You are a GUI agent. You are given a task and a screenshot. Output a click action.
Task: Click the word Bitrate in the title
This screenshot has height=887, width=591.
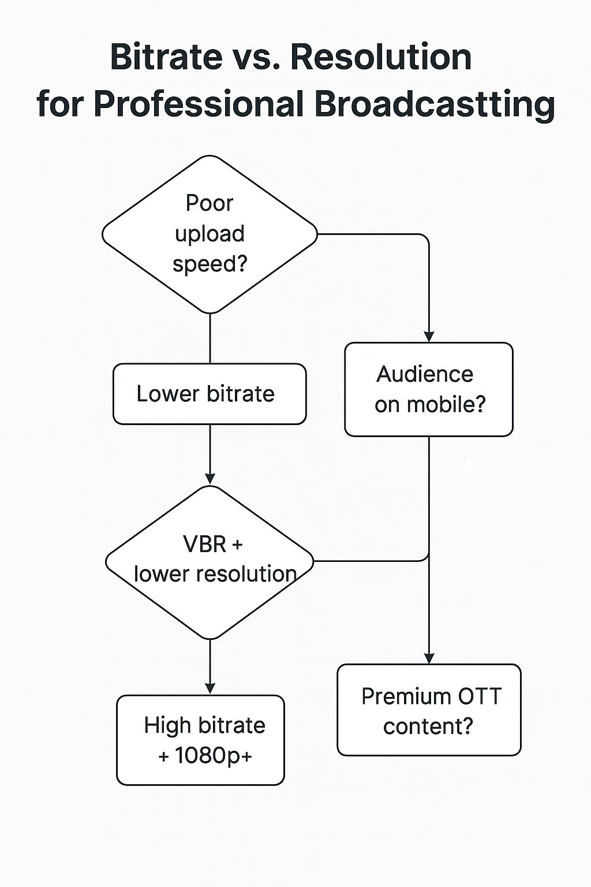(x=166, y=57)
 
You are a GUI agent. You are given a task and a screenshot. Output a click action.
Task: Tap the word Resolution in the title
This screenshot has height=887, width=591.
(x=381, y=57)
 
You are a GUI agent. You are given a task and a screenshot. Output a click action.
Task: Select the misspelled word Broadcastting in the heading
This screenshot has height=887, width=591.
(x=435, y=104)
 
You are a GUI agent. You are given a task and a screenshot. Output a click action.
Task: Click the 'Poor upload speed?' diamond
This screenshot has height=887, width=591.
(x=210, y=234)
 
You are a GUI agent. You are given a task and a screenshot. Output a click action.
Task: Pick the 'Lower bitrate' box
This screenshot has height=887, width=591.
(x=210, y=394)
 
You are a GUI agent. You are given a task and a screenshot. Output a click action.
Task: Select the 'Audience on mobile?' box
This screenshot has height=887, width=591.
(x=429, y=389)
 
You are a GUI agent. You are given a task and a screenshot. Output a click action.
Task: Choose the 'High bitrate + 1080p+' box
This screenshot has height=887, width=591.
(x=201, y=740)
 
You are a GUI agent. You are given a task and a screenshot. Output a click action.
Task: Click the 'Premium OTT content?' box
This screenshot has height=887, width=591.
(x=429, y=710)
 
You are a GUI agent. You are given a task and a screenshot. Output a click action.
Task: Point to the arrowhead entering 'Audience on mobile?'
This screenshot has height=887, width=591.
(x=429, y=337)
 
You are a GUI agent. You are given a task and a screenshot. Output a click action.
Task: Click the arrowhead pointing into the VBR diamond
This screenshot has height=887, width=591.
(x=210, y=478)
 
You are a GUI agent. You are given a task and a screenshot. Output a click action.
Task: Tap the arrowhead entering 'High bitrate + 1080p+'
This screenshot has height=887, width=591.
(x=210, y=688)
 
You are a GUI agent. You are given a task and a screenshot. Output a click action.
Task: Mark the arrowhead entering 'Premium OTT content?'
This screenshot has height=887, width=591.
(x=429, y=658)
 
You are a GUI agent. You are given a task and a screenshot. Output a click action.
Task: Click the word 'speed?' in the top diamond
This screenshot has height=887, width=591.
(x=210, y=264)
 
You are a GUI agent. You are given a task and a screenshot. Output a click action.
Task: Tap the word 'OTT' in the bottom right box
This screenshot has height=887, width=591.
(x=480, y=696)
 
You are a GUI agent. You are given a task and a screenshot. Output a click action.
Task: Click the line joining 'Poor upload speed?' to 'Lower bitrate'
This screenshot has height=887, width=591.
(x=210, y=338)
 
